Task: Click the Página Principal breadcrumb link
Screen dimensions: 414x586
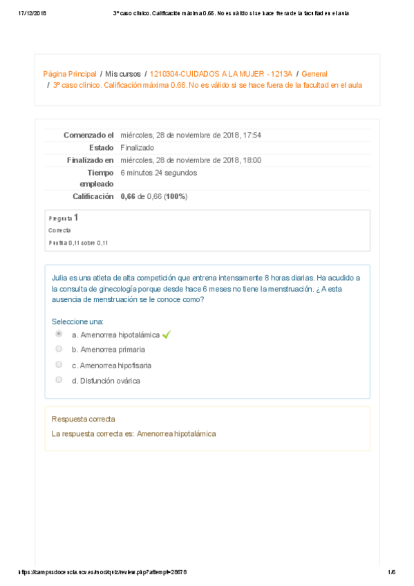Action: (70, 73)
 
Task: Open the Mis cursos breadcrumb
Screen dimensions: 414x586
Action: (123, 73)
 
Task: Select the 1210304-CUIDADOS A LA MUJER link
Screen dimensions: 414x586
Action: (221, 73)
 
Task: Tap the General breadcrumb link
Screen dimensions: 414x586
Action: (314, 73)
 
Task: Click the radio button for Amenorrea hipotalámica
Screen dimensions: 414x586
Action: (59, 334)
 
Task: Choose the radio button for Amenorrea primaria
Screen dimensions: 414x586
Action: (59, 349)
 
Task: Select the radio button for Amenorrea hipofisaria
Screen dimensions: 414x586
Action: (59, 364)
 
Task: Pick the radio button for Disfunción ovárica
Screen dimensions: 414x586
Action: (59, 379)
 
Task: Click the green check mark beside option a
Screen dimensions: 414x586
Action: (166, 334)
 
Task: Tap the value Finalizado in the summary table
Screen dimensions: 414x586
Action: (137, 147)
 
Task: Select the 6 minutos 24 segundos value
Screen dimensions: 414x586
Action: (158, 172)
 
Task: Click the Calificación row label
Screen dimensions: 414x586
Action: (93, 196)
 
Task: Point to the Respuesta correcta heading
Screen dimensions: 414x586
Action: (83, 419)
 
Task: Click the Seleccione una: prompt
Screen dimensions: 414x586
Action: (77, 321)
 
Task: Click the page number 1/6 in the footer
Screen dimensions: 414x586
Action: (391, 571)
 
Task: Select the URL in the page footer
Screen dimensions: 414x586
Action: (102, 571)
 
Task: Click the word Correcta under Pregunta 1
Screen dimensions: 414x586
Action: (59, 230)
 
